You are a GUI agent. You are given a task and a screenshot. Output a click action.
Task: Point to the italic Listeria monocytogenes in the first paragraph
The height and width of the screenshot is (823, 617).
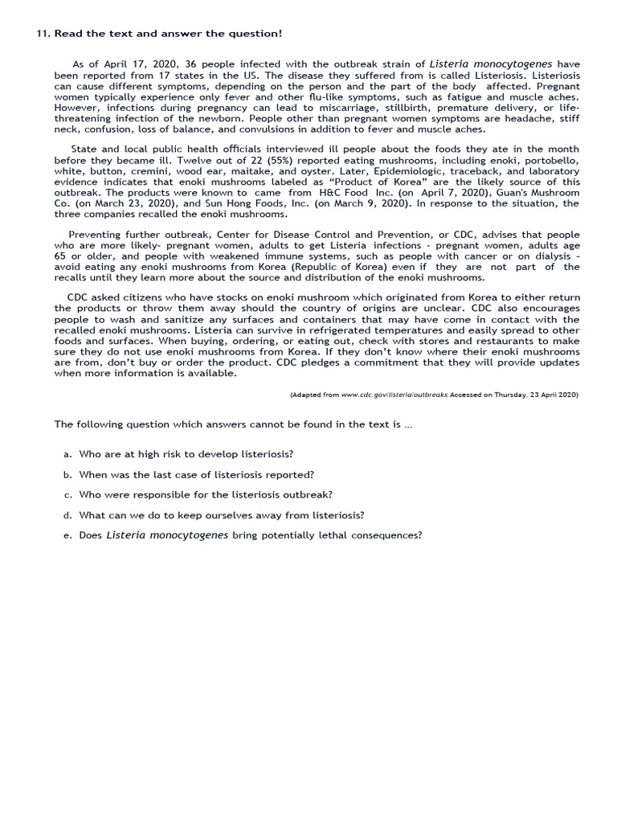click(492, 63)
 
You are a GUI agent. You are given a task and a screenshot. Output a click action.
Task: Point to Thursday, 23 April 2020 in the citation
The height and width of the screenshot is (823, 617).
click(531, 395)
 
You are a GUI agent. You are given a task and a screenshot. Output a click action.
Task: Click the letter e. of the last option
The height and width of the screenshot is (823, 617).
click(67, 535)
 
